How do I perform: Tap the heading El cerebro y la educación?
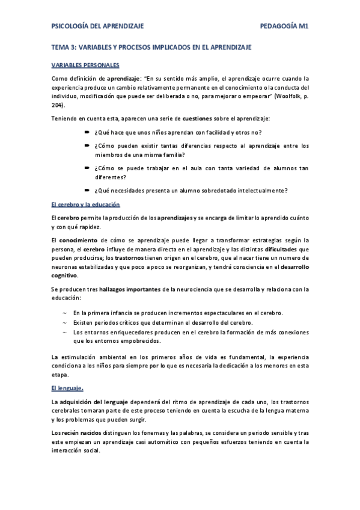tap(86, 204)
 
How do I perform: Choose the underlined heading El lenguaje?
tap(67, 388)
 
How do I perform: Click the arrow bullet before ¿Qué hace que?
tap(87, 132)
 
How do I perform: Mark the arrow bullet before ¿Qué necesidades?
tap(87, 191)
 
